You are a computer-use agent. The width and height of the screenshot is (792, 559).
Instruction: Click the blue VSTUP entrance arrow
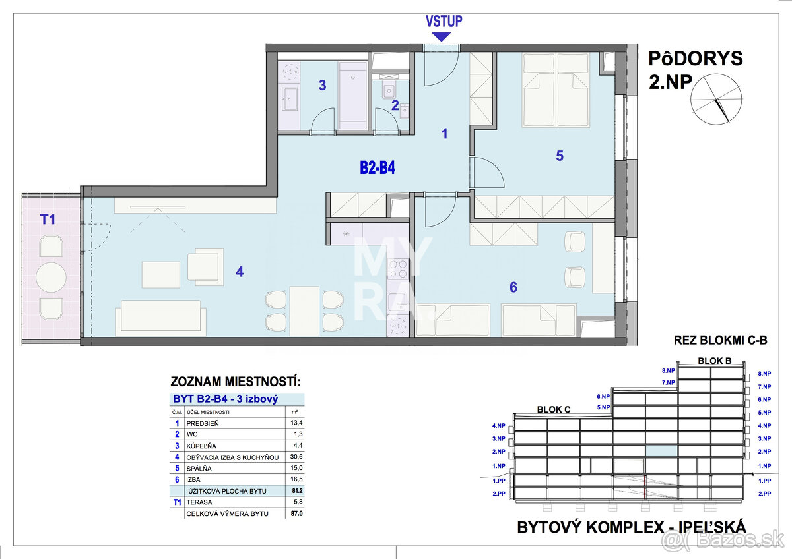442,37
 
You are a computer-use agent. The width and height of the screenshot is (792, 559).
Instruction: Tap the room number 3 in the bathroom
322,85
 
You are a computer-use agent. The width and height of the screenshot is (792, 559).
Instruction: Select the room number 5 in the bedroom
560,156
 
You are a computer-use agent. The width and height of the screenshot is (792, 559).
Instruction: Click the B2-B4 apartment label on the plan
378,167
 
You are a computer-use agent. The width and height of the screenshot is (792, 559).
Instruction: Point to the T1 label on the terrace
48,220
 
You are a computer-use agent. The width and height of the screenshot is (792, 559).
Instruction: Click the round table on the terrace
51,278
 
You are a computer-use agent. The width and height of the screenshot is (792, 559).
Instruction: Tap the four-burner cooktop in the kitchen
398,268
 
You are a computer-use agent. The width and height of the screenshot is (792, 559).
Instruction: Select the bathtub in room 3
353,96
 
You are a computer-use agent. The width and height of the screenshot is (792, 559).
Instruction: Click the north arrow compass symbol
716,100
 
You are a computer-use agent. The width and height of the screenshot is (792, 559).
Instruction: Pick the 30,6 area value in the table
296,457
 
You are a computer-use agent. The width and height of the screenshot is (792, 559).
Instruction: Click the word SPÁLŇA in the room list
199,469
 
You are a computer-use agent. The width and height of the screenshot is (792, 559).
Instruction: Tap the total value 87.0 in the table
296,514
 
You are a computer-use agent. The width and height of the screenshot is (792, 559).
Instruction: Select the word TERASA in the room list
199,502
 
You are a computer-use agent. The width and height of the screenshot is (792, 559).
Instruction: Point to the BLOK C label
554,409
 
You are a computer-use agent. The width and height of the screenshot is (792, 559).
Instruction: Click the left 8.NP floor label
668,370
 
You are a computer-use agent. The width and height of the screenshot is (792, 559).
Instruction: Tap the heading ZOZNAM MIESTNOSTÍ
236,382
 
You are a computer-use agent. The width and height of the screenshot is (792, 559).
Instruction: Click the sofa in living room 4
161,318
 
